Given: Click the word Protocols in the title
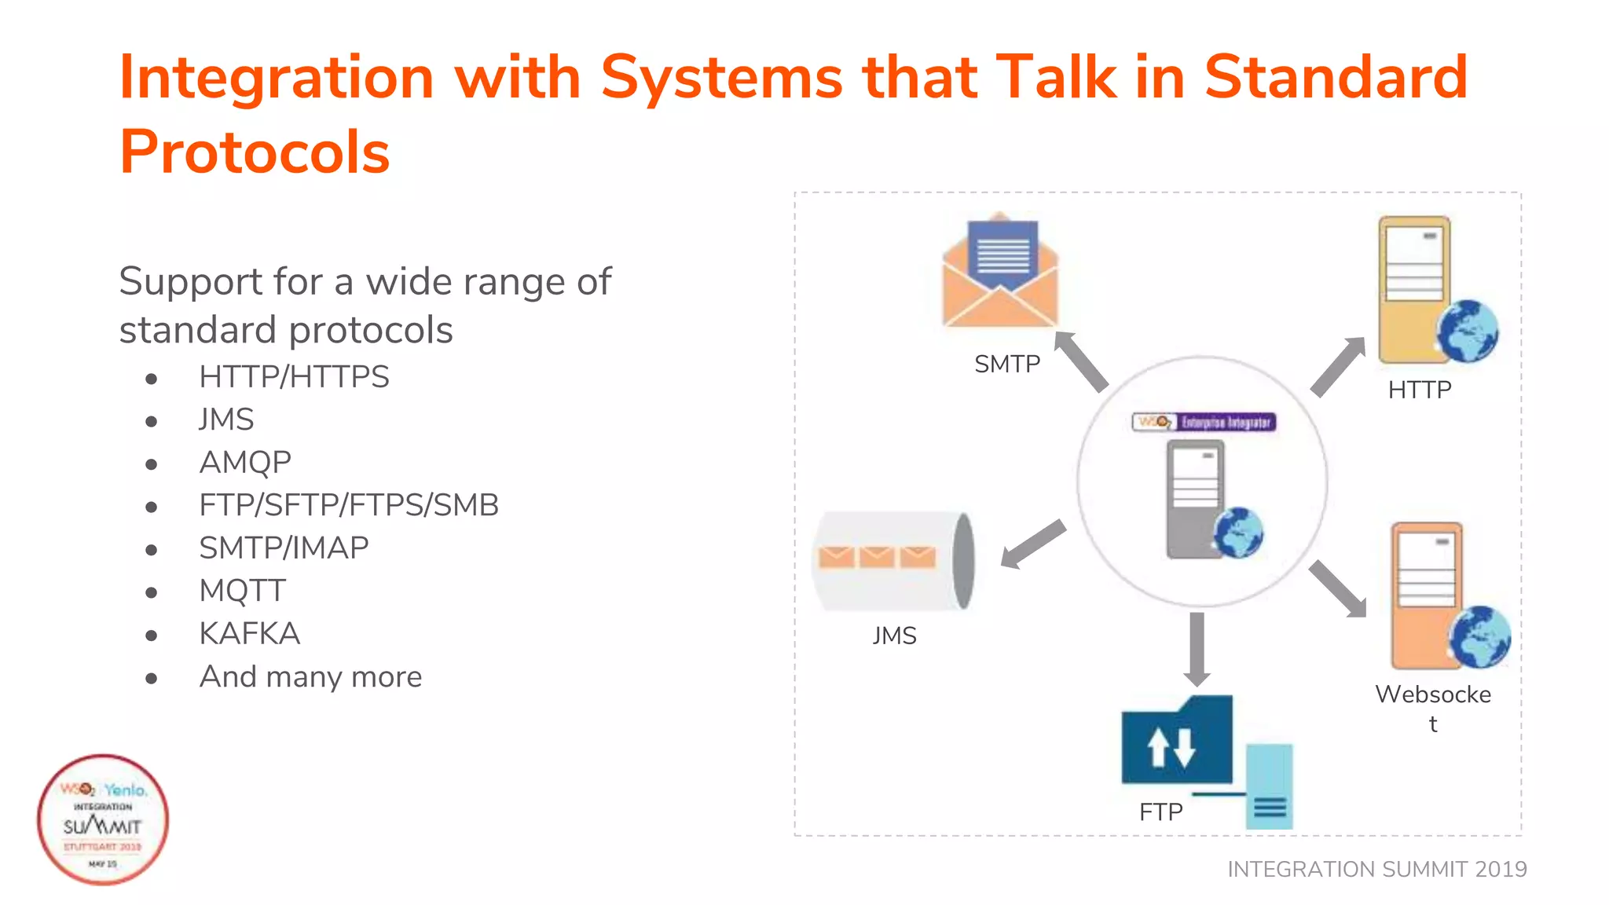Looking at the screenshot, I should pyautogui.click(x=254, y=152).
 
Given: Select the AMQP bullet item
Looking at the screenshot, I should pyautogui.click(x=245, y=462).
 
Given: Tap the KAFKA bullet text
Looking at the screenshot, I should pyautogui.click(x=249, y=633).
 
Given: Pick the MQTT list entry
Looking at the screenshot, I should pyautogui.click(x=242, y=591).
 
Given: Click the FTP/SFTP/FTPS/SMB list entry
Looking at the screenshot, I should pyautogui.click(x=349, y=505).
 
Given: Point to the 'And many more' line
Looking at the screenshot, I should pyautogui.click(x=310, y=676).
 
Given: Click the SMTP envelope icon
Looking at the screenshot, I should pyautogui.click(x=1000, y=272).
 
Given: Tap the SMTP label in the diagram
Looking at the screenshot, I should pyautogui.click(x=1006, y=365).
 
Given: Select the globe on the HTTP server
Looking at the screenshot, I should pyautogui.click(x=1467, y=332).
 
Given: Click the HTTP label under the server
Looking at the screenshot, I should pyautogui.click(x=1419, y=390).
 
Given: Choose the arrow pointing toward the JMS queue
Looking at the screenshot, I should pyautogui.click(x=1032, y=544).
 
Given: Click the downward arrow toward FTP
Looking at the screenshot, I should pyautogui.click(x=1197, y=648).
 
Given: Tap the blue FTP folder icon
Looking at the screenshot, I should pyautogui.click(x=1175, y=742).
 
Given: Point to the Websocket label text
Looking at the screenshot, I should pyautogui.click(x=1432, y=695).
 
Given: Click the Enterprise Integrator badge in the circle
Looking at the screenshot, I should pyautogui.click(x=1204, y=423).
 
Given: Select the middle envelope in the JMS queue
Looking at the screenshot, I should pyautogui.click(x=876, y=557).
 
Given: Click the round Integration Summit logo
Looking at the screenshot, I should pyautogui.click(x=103, y=819).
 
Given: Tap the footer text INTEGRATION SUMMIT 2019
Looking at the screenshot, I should pyautogui.click(x=1376, y=869).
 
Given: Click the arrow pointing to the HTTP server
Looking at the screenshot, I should pyautogui.click(x=1338, y=367).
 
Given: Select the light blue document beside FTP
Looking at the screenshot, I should pyautogui.click(x=1269, y=786).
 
